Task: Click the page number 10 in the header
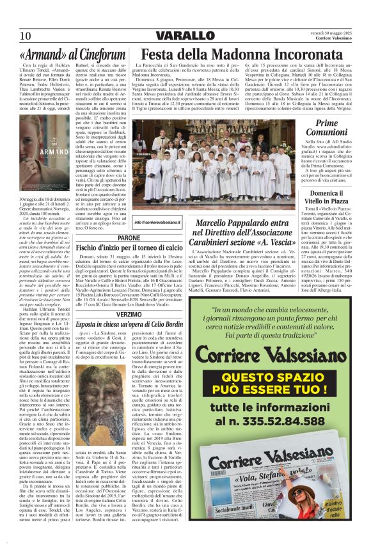pyautogui.click(x=26, y=35)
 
